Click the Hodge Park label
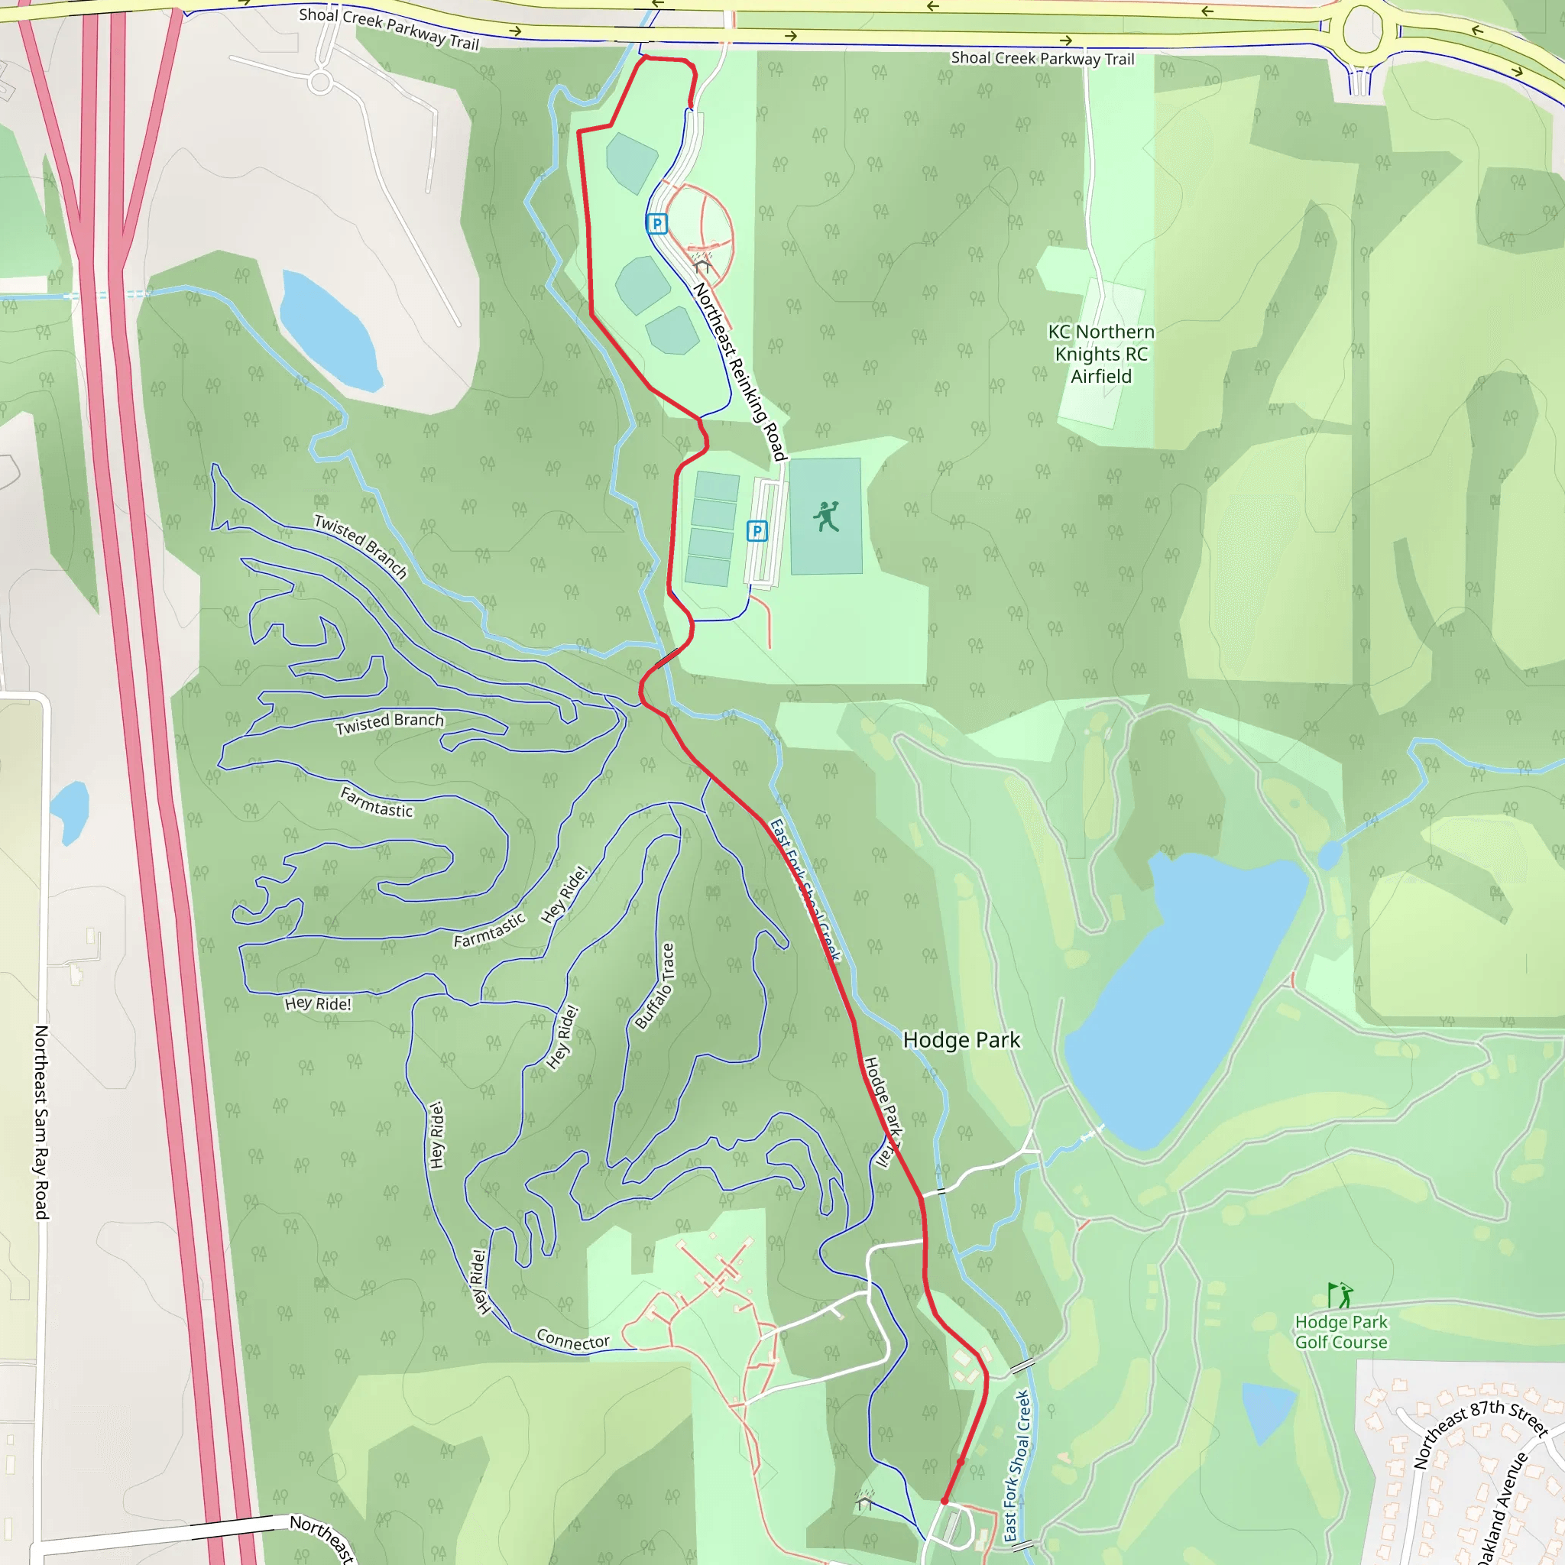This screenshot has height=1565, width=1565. coord(961,1040)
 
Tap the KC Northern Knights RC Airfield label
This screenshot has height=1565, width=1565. coord(1101,354)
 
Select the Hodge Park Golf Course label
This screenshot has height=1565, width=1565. coord(1340,1332)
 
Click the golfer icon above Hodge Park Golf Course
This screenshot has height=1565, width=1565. coord(1340,1295)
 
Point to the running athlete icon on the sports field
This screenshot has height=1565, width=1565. coord(826,517)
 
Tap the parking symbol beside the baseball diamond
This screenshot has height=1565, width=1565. coord(657,224)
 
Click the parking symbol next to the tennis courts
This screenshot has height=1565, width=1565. coord(757,530)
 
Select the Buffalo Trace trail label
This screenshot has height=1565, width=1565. coord(655,986)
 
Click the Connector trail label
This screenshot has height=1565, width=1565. coord(572,1340)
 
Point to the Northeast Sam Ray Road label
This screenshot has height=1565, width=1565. coord(41,1122)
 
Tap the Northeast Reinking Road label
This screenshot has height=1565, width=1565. coord(739,371)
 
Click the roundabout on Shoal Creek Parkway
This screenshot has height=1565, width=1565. coord(1362,31)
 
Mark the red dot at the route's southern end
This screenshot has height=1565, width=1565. coord(945,1501)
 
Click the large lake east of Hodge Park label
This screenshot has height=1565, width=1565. coord(1183,996)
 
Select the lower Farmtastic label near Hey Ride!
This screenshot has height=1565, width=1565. coord(489,930)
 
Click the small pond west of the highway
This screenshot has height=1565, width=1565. coord(70,810)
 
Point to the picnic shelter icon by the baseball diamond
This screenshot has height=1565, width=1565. coord(702,265)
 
